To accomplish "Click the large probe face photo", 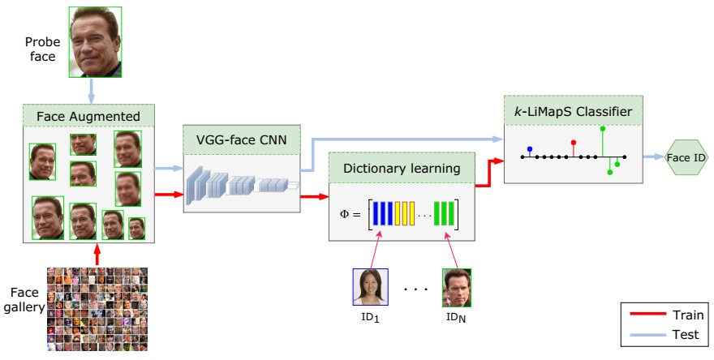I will click(92, 40).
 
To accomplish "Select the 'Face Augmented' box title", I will click(88, 116).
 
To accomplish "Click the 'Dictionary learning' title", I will click(402, 169).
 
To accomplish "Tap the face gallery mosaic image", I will click(97, 309).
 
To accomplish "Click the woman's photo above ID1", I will click(371, 287).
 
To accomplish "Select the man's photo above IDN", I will click(456, 287).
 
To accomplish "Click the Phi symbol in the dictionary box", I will click(345, 215).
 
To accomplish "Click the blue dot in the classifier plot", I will click(530, 149).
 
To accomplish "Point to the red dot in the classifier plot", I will click(574, 143).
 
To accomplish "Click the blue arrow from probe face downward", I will click(92, 88).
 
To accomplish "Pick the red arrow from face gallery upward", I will click(97, 254).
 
